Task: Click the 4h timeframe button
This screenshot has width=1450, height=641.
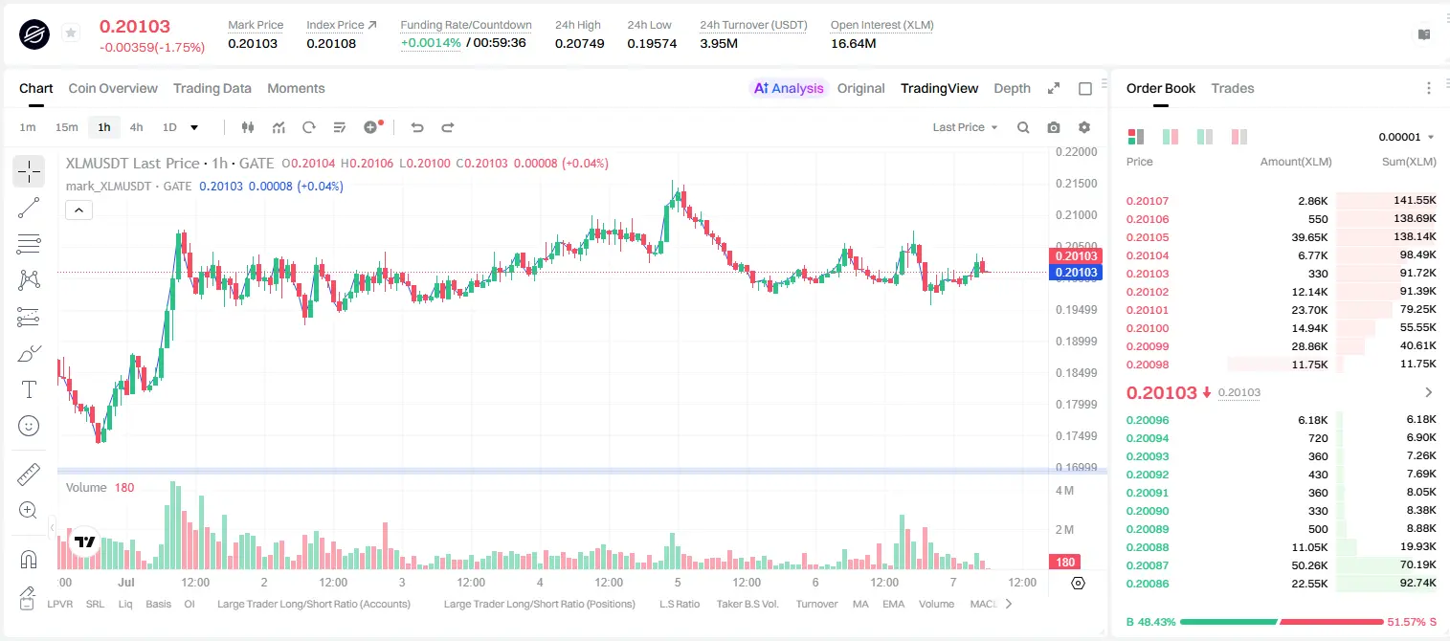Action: [x=136, y=127]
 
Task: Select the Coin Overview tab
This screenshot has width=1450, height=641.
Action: [x=113, y=88]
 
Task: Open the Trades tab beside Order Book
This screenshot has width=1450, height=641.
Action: [x=1233, y=88]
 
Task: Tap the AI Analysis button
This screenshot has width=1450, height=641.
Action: [x=789, y=88]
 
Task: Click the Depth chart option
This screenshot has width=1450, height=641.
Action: [x=1012, y=88]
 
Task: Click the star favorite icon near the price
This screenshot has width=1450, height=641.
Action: [x=71, y=33]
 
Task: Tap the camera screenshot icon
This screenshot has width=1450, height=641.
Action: [x=1054, y=127]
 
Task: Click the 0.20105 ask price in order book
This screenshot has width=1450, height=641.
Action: [x=1147, y=237]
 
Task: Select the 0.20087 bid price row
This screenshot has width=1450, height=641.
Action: [x=1147, y=565]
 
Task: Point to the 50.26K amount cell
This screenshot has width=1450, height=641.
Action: [x=1309, y=565]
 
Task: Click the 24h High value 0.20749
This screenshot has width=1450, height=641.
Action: [x=579, y=43]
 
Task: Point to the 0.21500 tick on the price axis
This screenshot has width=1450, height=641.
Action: [x=1077, y=183]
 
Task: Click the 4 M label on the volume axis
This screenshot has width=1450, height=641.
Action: [x=1065, y=490]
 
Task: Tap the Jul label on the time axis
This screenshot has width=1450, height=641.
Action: [x=126, y=582]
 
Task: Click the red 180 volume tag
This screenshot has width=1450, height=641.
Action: [x=1065, y=563]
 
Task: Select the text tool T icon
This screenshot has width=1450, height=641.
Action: [x=29, y=389]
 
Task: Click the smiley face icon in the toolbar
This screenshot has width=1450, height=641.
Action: [x=29, y=426]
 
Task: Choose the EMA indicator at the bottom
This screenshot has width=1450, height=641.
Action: [x=893, y=604]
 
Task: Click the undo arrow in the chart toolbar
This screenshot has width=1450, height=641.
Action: [x=417, y=127]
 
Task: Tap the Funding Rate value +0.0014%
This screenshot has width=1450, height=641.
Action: [x=431, y=43]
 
